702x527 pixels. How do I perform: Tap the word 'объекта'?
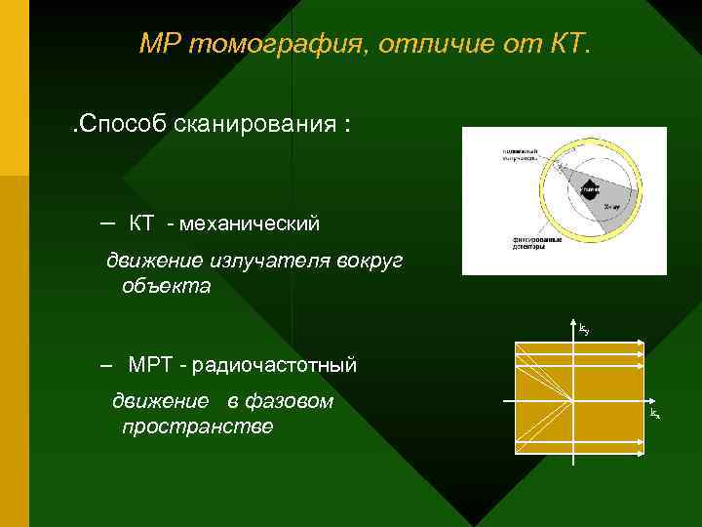click(x=167, y=287)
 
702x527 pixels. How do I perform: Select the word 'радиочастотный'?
click(x=275, y=366)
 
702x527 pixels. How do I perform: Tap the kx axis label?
click(x=655, y=416)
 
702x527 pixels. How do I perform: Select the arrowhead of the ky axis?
click(x=572, y=327)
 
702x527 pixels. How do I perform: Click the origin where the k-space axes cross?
click(x=572, y=401)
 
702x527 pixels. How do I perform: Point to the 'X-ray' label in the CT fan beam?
click(x=610, y=208)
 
